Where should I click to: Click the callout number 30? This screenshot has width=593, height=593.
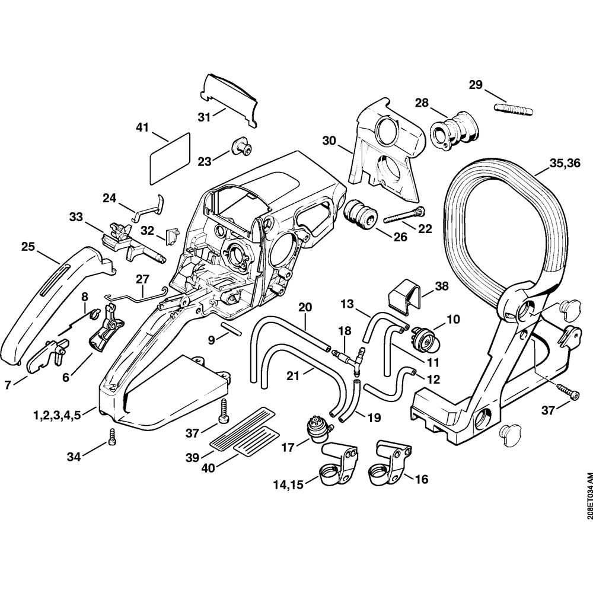point(329,142)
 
